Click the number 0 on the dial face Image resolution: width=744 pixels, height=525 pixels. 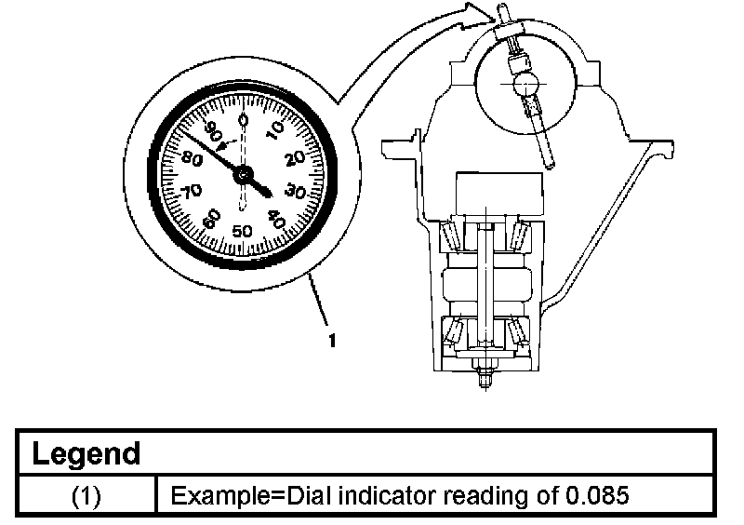(x=243, y=119)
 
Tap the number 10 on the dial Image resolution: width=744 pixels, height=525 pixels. (x=275, y=130)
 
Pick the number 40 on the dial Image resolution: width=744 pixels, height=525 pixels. (x=276, y=219)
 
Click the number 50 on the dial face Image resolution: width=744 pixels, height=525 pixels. (x=242, y=230)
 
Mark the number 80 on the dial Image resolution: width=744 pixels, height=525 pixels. (x=193, y=158)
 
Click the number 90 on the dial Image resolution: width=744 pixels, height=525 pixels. (x=212, y=131)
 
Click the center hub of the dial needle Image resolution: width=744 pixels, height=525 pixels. (x=244, y=175)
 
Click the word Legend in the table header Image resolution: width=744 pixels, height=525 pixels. (x=86, y=454)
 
